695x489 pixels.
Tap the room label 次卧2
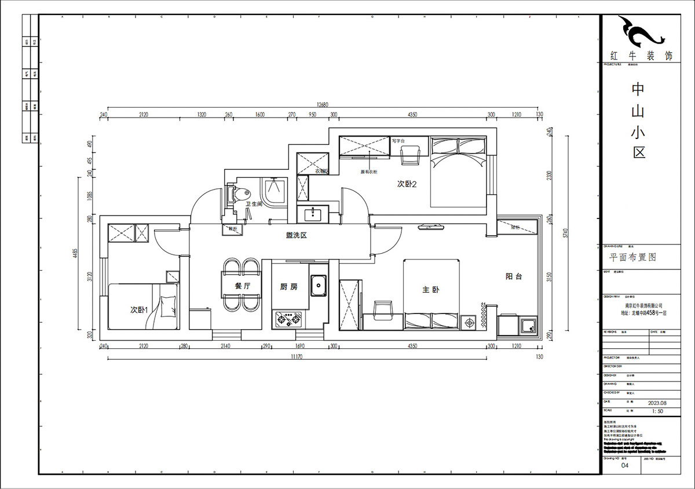pos(407,184)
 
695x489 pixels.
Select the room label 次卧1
pos(140,311)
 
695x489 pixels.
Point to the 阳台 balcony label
pos(514,277)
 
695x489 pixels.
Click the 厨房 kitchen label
pos(288,287)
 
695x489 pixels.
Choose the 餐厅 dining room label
pos(242,286)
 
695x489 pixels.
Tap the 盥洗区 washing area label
pos(295,235)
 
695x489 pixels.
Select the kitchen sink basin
pos(319,285)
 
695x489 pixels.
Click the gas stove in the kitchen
pos(288,318)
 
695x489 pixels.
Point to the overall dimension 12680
pos(322,105)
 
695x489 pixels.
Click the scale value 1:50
pos(657,411)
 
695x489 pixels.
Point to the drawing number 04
pos(624,465)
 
